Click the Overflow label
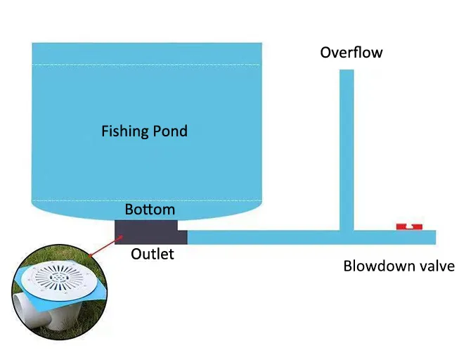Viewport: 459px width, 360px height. pos(351,53)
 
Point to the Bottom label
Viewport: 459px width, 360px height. pos(150,210)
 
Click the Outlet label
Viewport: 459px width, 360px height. pos(152,254)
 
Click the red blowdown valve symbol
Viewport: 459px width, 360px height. pos(408,226)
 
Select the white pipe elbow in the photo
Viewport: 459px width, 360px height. pos(28,309)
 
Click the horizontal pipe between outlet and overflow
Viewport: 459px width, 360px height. pos(264,237)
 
